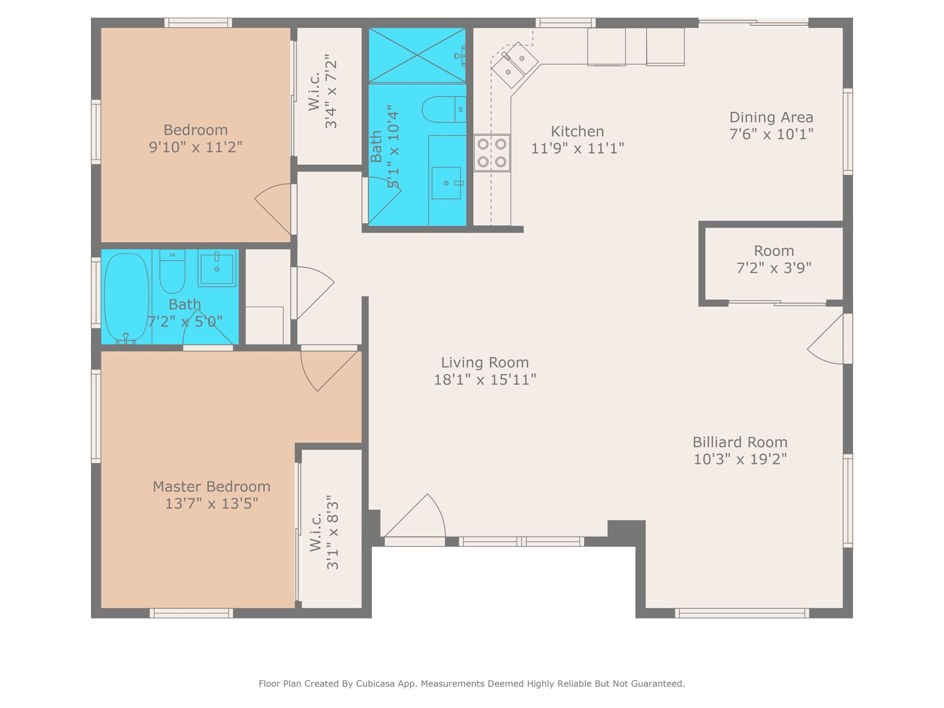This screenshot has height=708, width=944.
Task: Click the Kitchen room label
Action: coord(577,132)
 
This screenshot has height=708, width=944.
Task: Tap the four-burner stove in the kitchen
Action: coord(492,153)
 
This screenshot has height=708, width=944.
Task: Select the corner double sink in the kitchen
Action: coord(515,65)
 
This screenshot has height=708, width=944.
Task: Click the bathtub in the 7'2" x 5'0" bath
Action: coord(126,297)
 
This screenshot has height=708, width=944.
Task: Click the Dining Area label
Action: coord(771,118)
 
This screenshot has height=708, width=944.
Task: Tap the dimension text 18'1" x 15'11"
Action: coord(485,380)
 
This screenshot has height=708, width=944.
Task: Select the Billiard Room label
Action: coord(740,442)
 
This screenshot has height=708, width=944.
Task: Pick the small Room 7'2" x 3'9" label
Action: coord(774,251)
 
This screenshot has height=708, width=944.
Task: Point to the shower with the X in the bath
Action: coord(417,55)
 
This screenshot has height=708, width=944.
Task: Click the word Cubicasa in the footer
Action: coord(375,684)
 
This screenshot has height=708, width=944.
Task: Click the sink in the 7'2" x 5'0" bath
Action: coord(217,268)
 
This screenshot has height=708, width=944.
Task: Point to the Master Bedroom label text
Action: coord(211,487)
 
